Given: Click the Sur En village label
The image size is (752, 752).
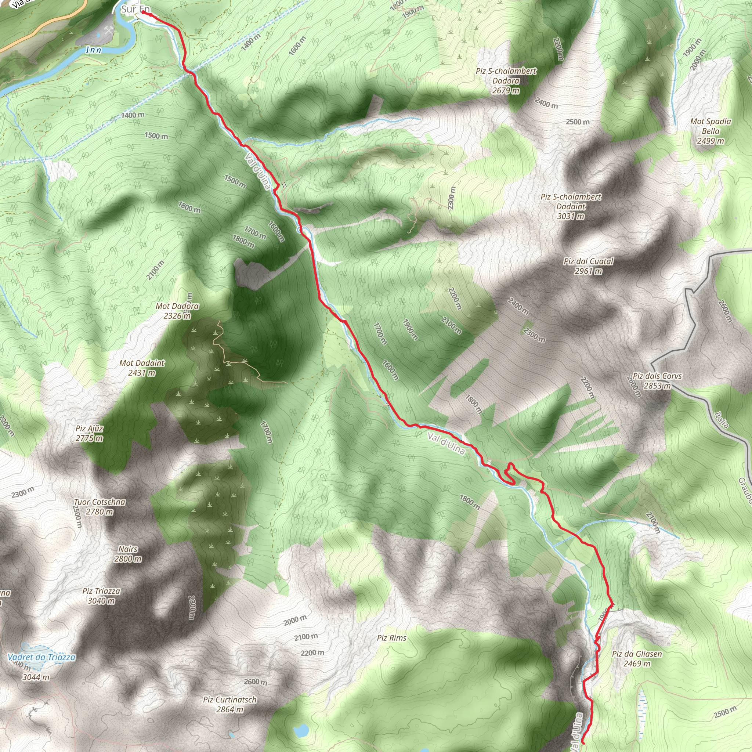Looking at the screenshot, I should coord(135,9).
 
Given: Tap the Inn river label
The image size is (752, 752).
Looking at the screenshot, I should coord(93,50).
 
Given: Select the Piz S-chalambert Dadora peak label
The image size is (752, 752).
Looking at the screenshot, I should coord(506,80).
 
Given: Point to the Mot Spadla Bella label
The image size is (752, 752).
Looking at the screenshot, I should coord(711,131).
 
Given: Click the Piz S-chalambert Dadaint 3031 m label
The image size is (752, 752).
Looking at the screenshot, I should coord(571,206).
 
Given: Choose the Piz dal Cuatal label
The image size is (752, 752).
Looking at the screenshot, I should coord(588,266).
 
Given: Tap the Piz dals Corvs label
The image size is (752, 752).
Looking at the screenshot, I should coord(657,381).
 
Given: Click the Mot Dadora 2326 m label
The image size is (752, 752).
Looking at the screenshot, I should coord(177,311).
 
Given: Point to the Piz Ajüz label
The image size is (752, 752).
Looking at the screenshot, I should coord(90,433).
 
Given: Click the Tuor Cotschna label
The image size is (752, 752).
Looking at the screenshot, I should coord(100,507).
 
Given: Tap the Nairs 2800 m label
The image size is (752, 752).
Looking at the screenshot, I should coord(128,554).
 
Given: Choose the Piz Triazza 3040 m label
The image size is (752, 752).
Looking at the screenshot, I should coord(101,596).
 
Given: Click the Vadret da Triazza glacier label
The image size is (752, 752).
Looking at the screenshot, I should coord(41,657).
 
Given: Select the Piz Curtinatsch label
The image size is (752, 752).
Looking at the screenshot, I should coord(229,705).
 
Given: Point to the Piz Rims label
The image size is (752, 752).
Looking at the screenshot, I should coord(391,638).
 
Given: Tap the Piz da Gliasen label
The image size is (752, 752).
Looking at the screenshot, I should coord(637,659).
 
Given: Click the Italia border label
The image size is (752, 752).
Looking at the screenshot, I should coord(721,420).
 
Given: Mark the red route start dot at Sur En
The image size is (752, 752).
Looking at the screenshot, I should coord(143,12).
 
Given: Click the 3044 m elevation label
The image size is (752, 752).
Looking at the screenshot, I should coord(36,677).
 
